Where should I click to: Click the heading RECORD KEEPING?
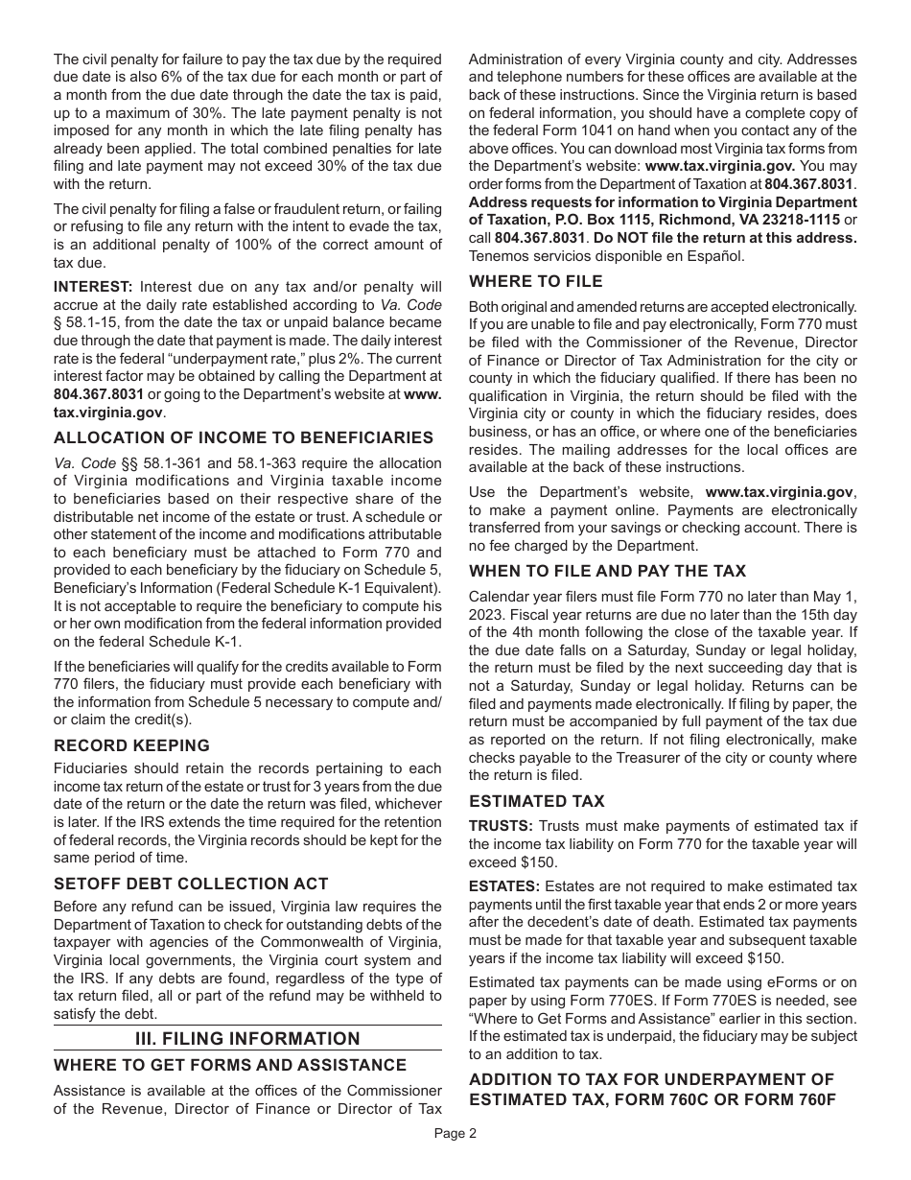[x=131, y=745]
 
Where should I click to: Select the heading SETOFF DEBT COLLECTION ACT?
[x=191, y=884]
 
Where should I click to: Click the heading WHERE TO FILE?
[x=535, y=281]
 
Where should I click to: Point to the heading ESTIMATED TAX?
[x=536, y=801]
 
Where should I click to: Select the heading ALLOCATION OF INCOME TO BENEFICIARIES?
[x=244, y=437]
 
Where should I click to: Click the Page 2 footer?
[x=455, y=1132]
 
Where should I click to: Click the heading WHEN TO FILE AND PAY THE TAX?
[x=607, y=571]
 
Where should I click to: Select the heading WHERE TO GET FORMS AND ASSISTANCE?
[x=230, y=1065]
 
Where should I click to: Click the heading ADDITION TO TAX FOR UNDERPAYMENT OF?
[x=651, y=1079]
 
